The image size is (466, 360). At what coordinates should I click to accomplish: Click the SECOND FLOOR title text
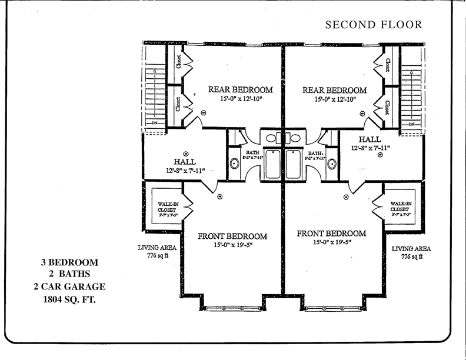click(373, 24)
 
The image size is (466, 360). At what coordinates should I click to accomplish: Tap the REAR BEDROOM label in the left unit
click(241, 89)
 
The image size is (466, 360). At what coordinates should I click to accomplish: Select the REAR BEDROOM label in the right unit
click(334, 90)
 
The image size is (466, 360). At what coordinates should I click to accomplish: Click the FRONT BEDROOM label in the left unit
click(232, 236)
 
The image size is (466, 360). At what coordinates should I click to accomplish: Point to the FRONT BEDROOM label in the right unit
click(331, 233)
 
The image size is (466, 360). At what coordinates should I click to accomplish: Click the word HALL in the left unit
click(184, 162)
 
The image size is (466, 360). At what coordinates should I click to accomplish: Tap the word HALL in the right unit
click(369, 139)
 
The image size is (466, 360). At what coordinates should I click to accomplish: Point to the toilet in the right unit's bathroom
click(332, 164)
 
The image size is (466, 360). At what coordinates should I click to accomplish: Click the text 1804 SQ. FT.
click(69, 299)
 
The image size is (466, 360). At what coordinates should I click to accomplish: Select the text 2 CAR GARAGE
click(69, 286)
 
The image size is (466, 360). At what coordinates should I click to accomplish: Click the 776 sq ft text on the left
click(154, 256)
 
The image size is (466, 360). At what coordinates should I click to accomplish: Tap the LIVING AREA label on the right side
click(412, 249)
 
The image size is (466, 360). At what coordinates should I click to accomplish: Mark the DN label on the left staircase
click(155, 124)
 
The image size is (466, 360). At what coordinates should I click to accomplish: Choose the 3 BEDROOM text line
click(69, 261)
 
